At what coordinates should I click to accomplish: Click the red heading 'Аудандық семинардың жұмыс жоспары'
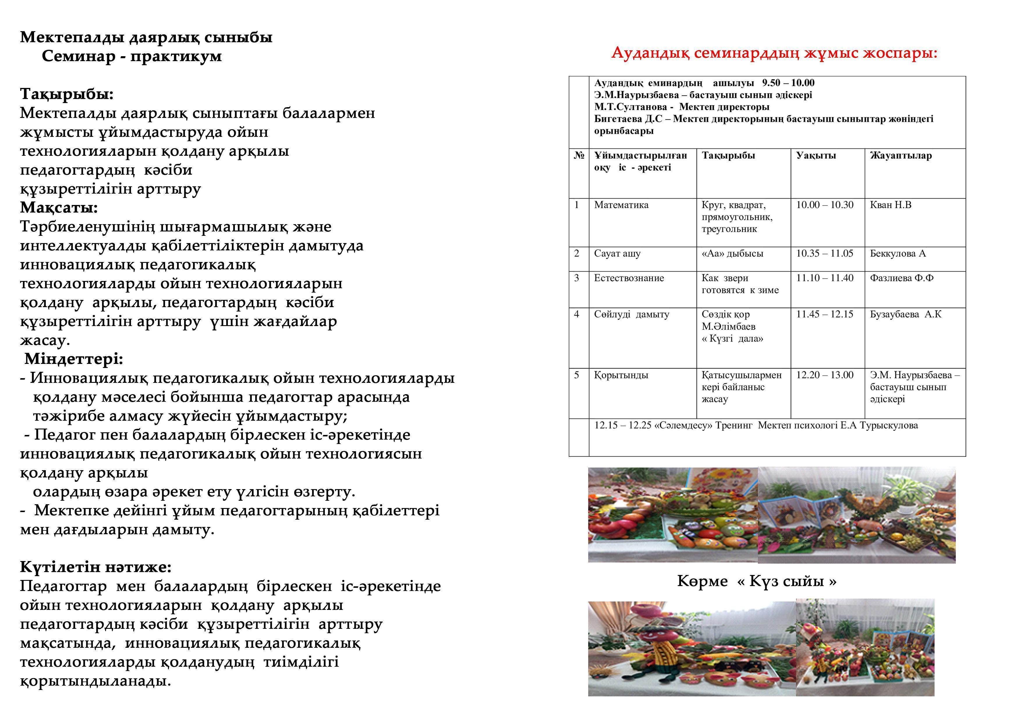point(774,53)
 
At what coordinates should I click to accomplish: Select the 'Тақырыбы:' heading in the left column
point(67,94)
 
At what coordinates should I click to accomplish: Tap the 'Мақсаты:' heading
point(59,208)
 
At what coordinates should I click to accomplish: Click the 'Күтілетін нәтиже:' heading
point(95,567)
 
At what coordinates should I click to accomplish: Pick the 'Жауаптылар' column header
point(901,156)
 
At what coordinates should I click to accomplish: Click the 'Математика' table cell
point(621,205)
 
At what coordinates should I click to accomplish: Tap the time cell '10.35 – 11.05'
point(825,254)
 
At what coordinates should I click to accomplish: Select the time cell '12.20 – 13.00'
point(825,375)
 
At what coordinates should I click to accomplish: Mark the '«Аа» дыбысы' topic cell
point(732,254)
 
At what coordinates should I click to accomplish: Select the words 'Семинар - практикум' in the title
point(132,56)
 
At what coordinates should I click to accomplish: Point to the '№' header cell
point(579,156)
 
